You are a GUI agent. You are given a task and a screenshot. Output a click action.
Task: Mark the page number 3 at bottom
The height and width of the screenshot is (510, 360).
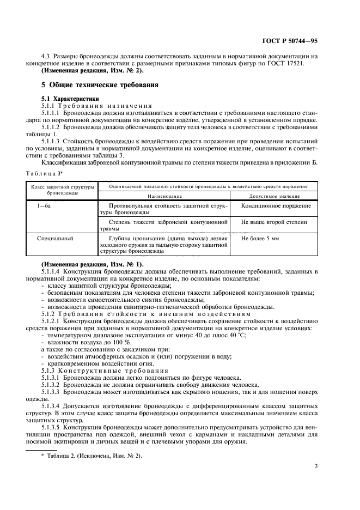(316, 466)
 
